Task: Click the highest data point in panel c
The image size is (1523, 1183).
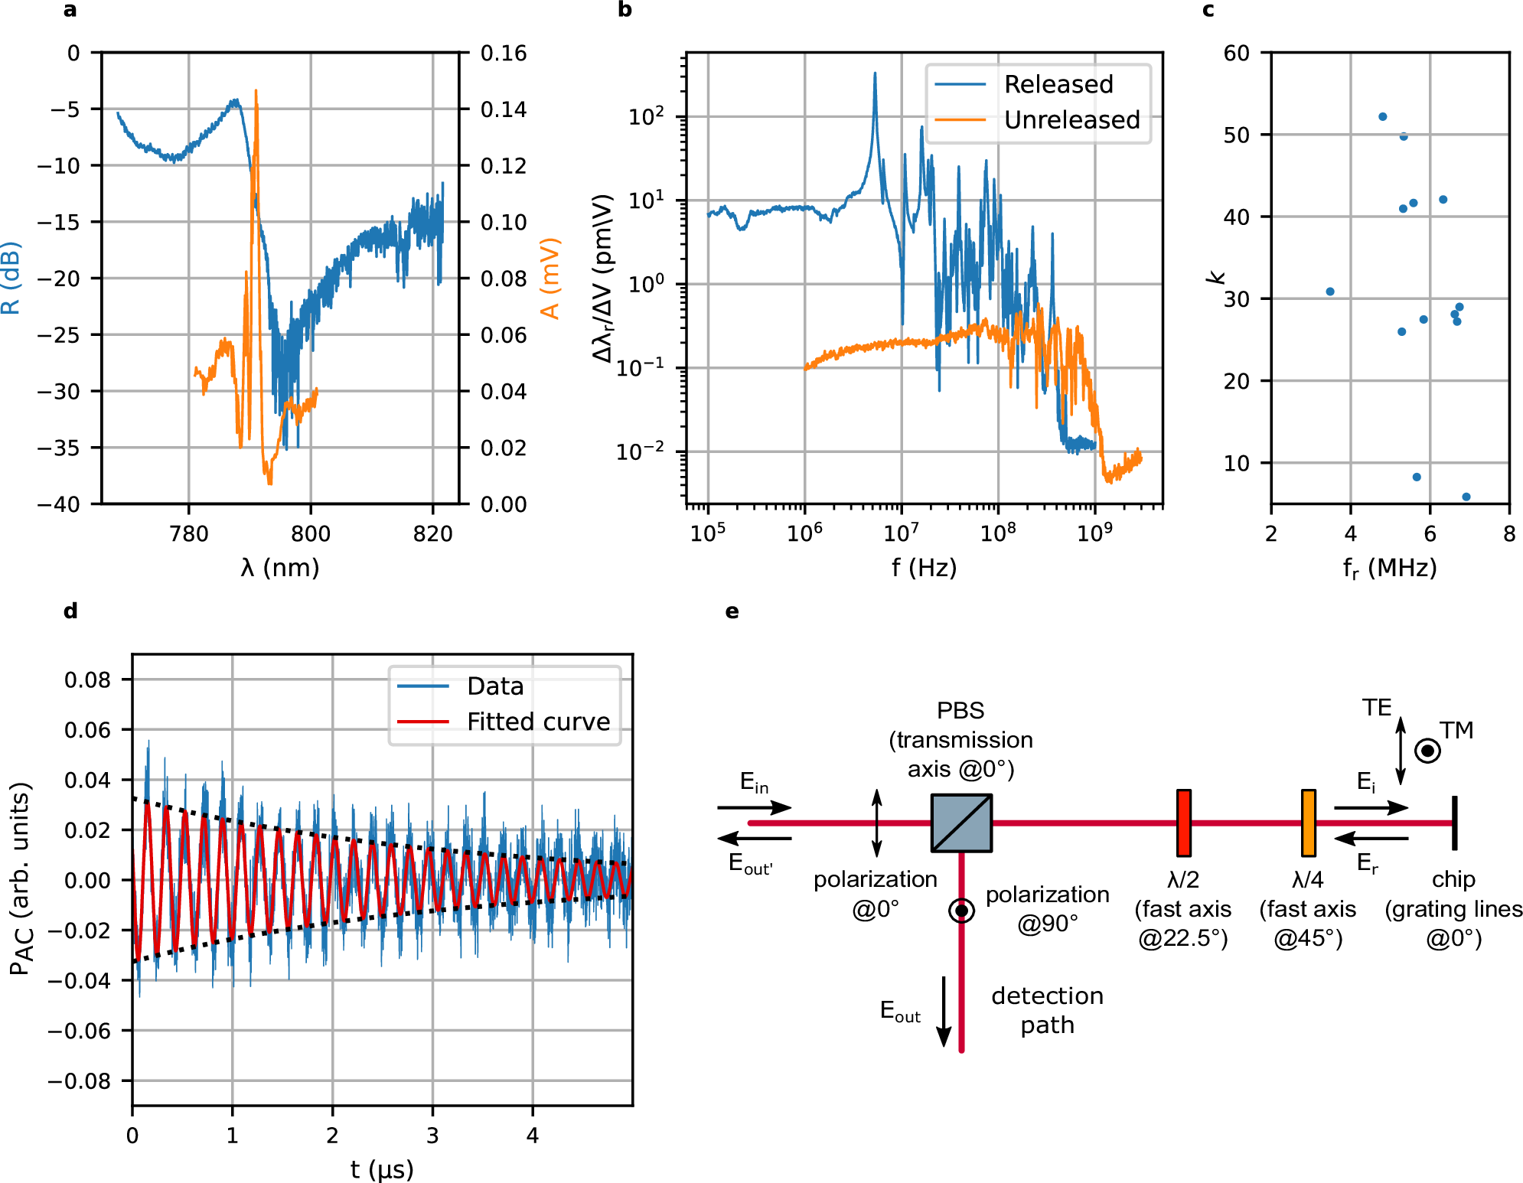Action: (1382, 117)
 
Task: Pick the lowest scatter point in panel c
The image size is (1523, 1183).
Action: (1466, 497)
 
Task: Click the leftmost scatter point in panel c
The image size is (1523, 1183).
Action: (1329, 292)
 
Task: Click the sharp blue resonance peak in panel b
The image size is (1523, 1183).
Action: (875, 75)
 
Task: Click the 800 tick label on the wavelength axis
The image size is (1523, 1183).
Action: (311, 533)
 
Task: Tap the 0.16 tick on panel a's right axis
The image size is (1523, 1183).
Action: (503, 54)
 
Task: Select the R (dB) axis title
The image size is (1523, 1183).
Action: (11, 278)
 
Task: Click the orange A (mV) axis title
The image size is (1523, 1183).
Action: (550, 278)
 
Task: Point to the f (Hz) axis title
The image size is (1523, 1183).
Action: (924, 568)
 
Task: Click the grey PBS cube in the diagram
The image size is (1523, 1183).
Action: (961, 823)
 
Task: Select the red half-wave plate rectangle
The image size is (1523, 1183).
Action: (1183, 823)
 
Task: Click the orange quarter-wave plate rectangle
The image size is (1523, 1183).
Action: (1308, 823)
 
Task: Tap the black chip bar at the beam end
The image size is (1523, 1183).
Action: (1454, 823)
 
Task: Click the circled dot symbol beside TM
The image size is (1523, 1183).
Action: (1427, 751)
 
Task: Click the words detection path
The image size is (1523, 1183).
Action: (1047, 1010)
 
